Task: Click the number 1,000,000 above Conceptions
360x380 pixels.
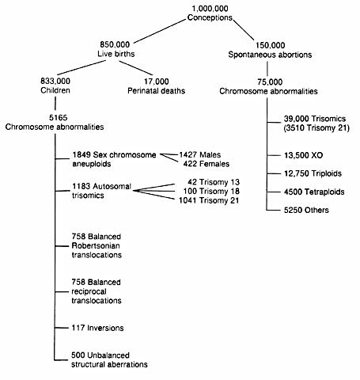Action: click(210, 9)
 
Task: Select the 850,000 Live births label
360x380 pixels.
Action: click(116, 49)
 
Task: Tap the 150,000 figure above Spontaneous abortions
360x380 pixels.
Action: click(270, 45)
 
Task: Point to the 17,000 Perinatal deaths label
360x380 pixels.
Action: click(156, 86)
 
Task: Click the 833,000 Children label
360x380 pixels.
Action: click(55, 85)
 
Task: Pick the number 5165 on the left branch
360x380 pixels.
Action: click(58, 117)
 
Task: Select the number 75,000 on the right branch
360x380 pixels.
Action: click(270, 82)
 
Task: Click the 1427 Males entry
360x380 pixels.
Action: click(200, 154)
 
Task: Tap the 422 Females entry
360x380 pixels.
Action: click(207, 164)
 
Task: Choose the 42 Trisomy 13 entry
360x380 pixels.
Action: click(214, 182)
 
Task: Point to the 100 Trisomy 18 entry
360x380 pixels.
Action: click(211, 191)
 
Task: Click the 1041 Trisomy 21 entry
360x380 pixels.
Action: click(209, 200)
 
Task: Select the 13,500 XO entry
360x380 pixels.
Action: click(303, 155)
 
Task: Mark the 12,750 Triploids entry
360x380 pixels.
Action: click(313, 173)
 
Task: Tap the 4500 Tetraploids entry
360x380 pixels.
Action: click(314, 192)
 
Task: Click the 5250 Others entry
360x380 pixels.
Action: click(306, 210)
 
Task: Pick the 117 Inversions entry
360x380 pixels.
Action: click(97, 328)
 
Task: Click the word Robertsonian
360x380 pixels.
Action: click(96, 245)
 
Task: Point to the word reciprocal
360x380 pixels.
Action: click(89, 291)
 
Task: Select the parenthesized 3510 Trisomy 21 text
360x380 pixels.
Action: click(316, 128)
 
